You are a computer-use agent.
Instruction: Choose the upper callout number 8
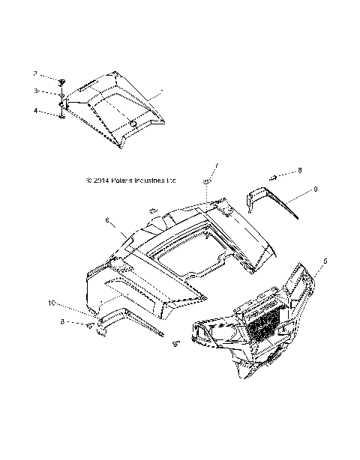click(279, 172)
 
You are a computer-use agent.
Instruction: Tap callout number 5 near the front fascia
click(325, 262)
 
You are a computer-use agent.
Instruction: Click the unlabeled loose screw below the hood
click(177, 343)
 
